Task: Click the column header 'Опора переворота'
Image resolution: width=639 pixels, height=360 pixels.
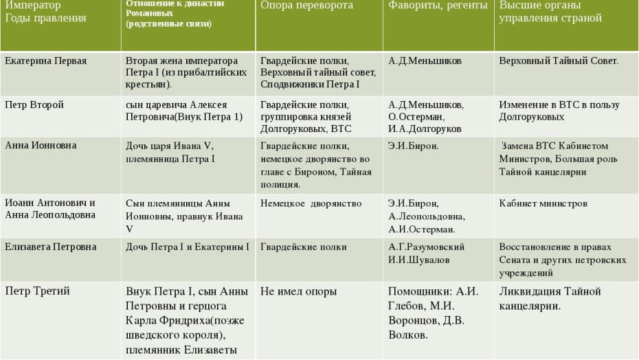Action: [306, 5]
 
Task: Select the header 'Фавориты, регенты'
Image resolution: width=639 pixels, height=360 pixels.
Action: [438, 5]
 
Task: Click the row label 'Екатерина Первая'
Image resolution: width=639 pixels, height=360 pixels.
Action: [46, 61]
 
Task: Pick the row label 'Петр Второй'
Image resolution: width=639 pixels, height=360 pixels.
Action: [34, 105]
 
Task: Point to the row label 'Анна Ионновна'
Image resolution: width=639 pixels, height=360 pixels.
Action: [41, 146]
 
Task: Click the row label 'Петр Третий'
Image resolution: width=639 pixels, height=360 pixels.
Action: [37, 291]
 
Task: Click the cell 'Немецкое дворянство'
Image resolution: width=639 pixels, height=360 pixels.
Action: [311, 203]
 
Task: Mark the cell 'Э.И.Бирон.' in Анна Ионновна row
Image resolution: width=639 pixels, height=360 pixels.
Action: [413, 146]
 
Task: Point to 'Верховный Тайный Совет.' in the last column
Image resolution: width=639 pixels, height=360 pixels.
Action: [558, 61]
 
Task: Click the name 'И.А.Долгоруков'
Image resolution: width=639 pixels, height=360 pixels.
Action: [425, 128]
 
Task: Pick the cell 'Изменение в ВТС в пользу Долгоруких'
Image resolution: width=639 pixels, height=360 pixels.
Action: [559, 111]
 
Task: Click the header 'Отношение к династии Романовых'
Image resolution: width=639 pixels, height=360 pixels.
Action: [175, 13]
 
